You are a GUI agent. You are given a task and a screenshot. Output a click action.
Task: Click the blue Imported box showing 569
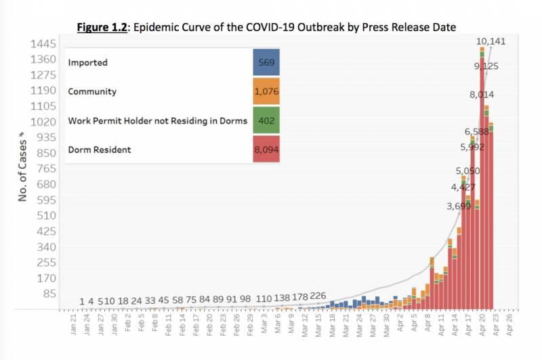coord(265,62)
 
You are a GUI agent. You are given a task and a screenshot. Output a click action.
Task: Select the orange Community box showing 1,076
coord(265,92)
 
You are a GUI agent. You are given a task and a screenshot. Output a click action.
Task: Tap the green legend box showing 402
coord(265,120)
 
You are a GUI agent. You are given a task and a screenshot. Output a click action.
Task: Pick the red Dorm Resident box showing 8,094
coord(265,149)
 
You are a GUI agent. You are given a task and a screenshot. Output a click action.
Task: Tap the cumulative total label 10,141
coord(491,41)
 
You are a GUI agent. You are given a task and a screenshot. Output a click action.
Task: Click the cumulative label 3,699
coord(459,206)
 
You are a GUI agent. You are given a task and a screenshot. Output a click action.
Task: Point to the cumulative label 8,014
coord(482,95)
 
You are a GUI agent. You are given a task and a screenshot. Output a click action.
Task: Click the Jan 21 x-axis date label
coord(74,325)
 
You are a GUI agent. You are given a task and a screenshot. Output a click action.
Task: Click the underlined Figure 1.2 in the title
coord(102,27)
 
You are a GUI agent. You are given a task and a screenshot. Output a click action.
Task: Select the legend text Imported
coord(88,62)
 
